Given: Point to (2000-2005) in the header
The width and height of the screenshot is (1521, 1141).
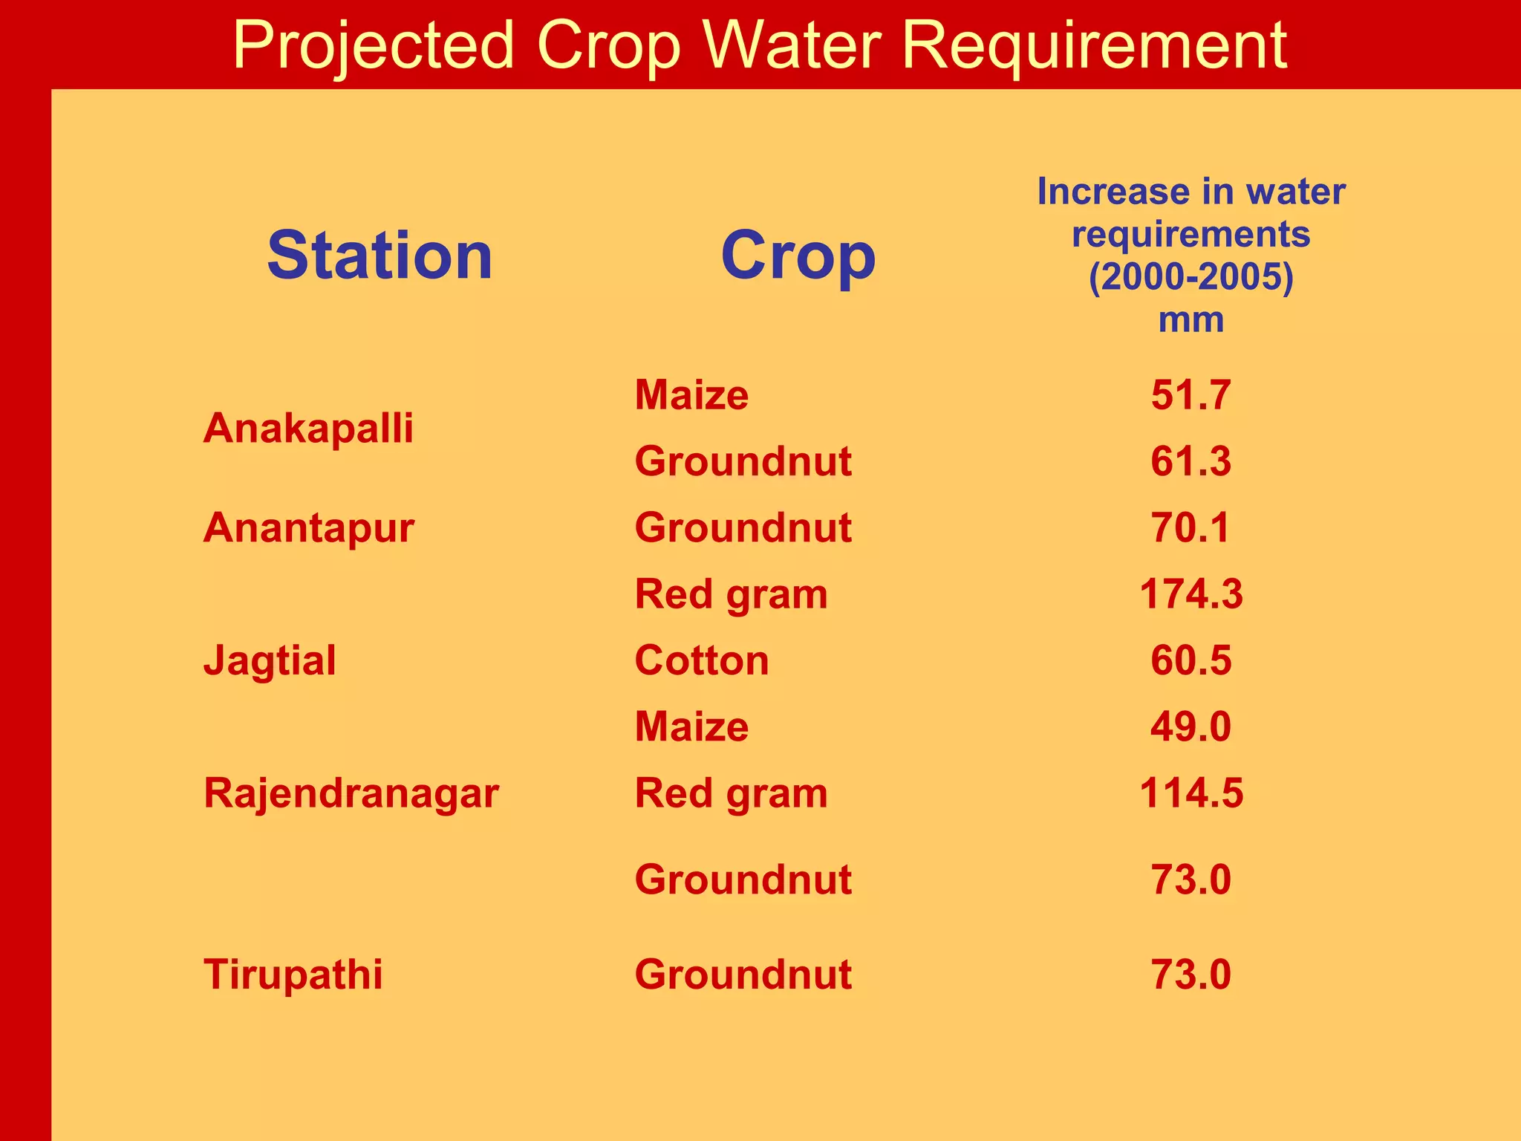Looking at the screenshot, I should (x=1191, y=277).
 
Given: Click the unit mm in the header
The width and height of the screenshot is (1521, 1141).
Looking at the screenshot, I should (x=1191, y=320).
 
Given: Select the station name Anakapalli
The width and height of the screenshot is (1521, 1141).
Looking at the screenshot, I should (x=308, y=429).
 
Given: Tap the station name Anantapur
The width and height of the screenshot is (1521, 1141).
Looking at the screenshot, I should (x=309, y=528).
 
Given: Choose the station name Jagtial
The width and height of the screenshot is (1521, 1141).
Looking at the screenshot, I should (x=270, y=660).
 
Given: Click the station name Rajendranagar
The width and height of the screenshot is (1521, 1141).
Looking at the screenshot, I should (x=351, y=793).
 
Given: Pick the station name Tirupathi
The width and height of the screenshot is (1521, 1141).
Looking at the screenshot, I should (x=293, y=974).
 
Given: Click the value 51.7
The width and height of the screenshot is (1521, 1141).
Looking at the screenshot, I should (x=1191, y=395).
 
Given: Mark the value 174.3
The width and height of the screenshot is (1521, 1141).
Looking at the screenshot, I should (x=1191, y=594).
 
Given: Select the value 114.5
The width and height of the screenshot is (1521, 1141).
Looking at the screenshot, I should (x=1191, y=793).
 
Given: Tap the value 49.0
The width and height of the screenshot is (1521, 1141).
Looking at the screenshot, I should (x=1191, y=726).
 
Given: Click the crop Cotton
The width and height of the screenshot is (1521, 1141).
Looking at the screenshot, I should (x=702, y=660).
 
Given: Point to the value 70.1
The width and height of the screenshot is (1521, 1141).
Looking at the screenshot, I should (x=1191, y=528).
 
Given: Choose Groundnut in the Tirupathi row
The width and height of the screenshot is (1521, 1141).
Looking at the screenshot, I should (x=743, y=974).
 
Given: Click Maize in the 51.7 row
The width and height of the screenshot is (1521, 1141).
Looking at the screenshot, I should (x=691, y=395).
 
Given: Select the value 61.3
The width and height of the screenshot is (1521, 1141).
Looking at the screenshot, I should (x=1191, y=461).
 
